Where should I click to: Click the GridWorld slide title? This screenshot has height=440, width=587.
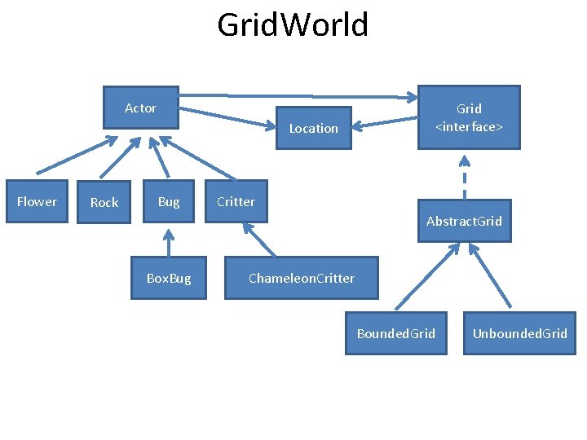click(293, 25)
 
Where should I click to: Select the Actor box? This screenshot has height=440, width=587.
click(140, 108)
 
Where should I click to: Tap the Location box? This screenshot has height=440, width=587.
click(313, 129)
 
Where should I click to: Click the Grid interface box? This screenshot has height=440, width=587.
click(469, 117)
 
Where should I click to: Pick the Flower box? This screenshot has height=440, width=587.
click(37, 201)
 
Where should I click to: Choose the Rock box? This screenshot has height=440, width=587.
click(104, 202)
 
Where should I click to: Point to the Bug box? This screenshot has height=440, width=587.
click(169, 201)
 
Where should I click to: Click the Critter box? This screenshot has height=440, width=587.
click(236, 201)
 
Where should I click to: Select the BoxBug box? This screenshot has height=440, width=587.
click(169, 279)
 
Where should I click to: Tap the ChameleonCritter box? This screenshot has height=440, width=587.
click(301, 279)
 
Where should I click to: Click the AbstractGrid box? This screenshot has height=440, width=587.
click(464, 221)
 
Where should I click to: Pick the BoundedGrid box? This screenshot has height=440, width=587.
click(396, 333)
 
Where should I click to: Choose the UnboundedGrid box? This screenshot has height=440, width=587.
click(519, 333)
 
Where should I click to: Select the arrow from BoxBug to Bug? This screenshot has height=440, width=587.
click(168, 243)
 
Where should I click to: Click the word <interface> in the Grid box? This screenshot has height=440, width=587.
click(469, 127)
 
